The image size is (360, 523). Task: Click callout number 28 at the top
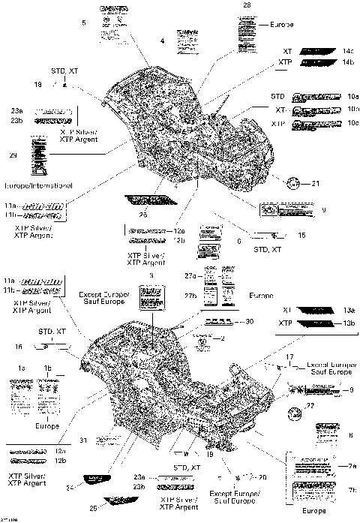pos(246,6)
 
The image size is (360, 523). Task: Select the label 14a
pos(347,50)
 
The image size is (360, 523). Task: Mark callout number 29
pos(13,155)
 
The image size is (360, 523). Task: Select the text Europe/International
pos(38,185)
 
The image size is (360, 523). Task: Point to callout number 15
pos(301,236)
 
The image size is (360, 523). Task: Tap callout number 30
pos(250,321)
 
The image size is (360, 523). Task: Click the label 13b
pos(348,323)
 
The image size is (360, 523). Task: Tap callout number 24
pos(68,488)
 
